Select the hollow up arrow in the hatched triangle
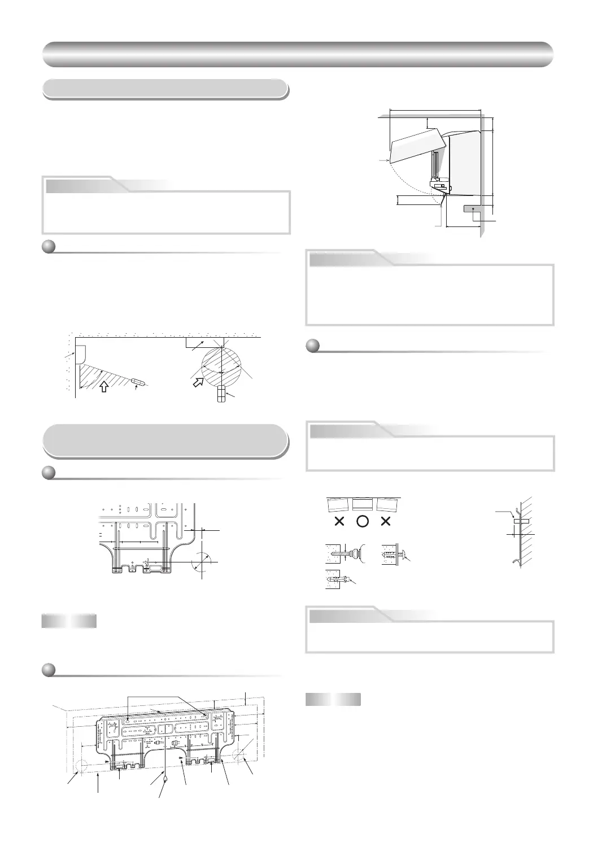103,387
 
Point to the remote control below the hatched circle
221,394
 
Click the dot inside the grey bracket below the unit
473,208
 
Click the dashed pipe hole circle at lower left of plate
81,766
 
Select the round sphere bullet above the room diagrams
49,247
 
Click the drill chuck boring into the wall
356,553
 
